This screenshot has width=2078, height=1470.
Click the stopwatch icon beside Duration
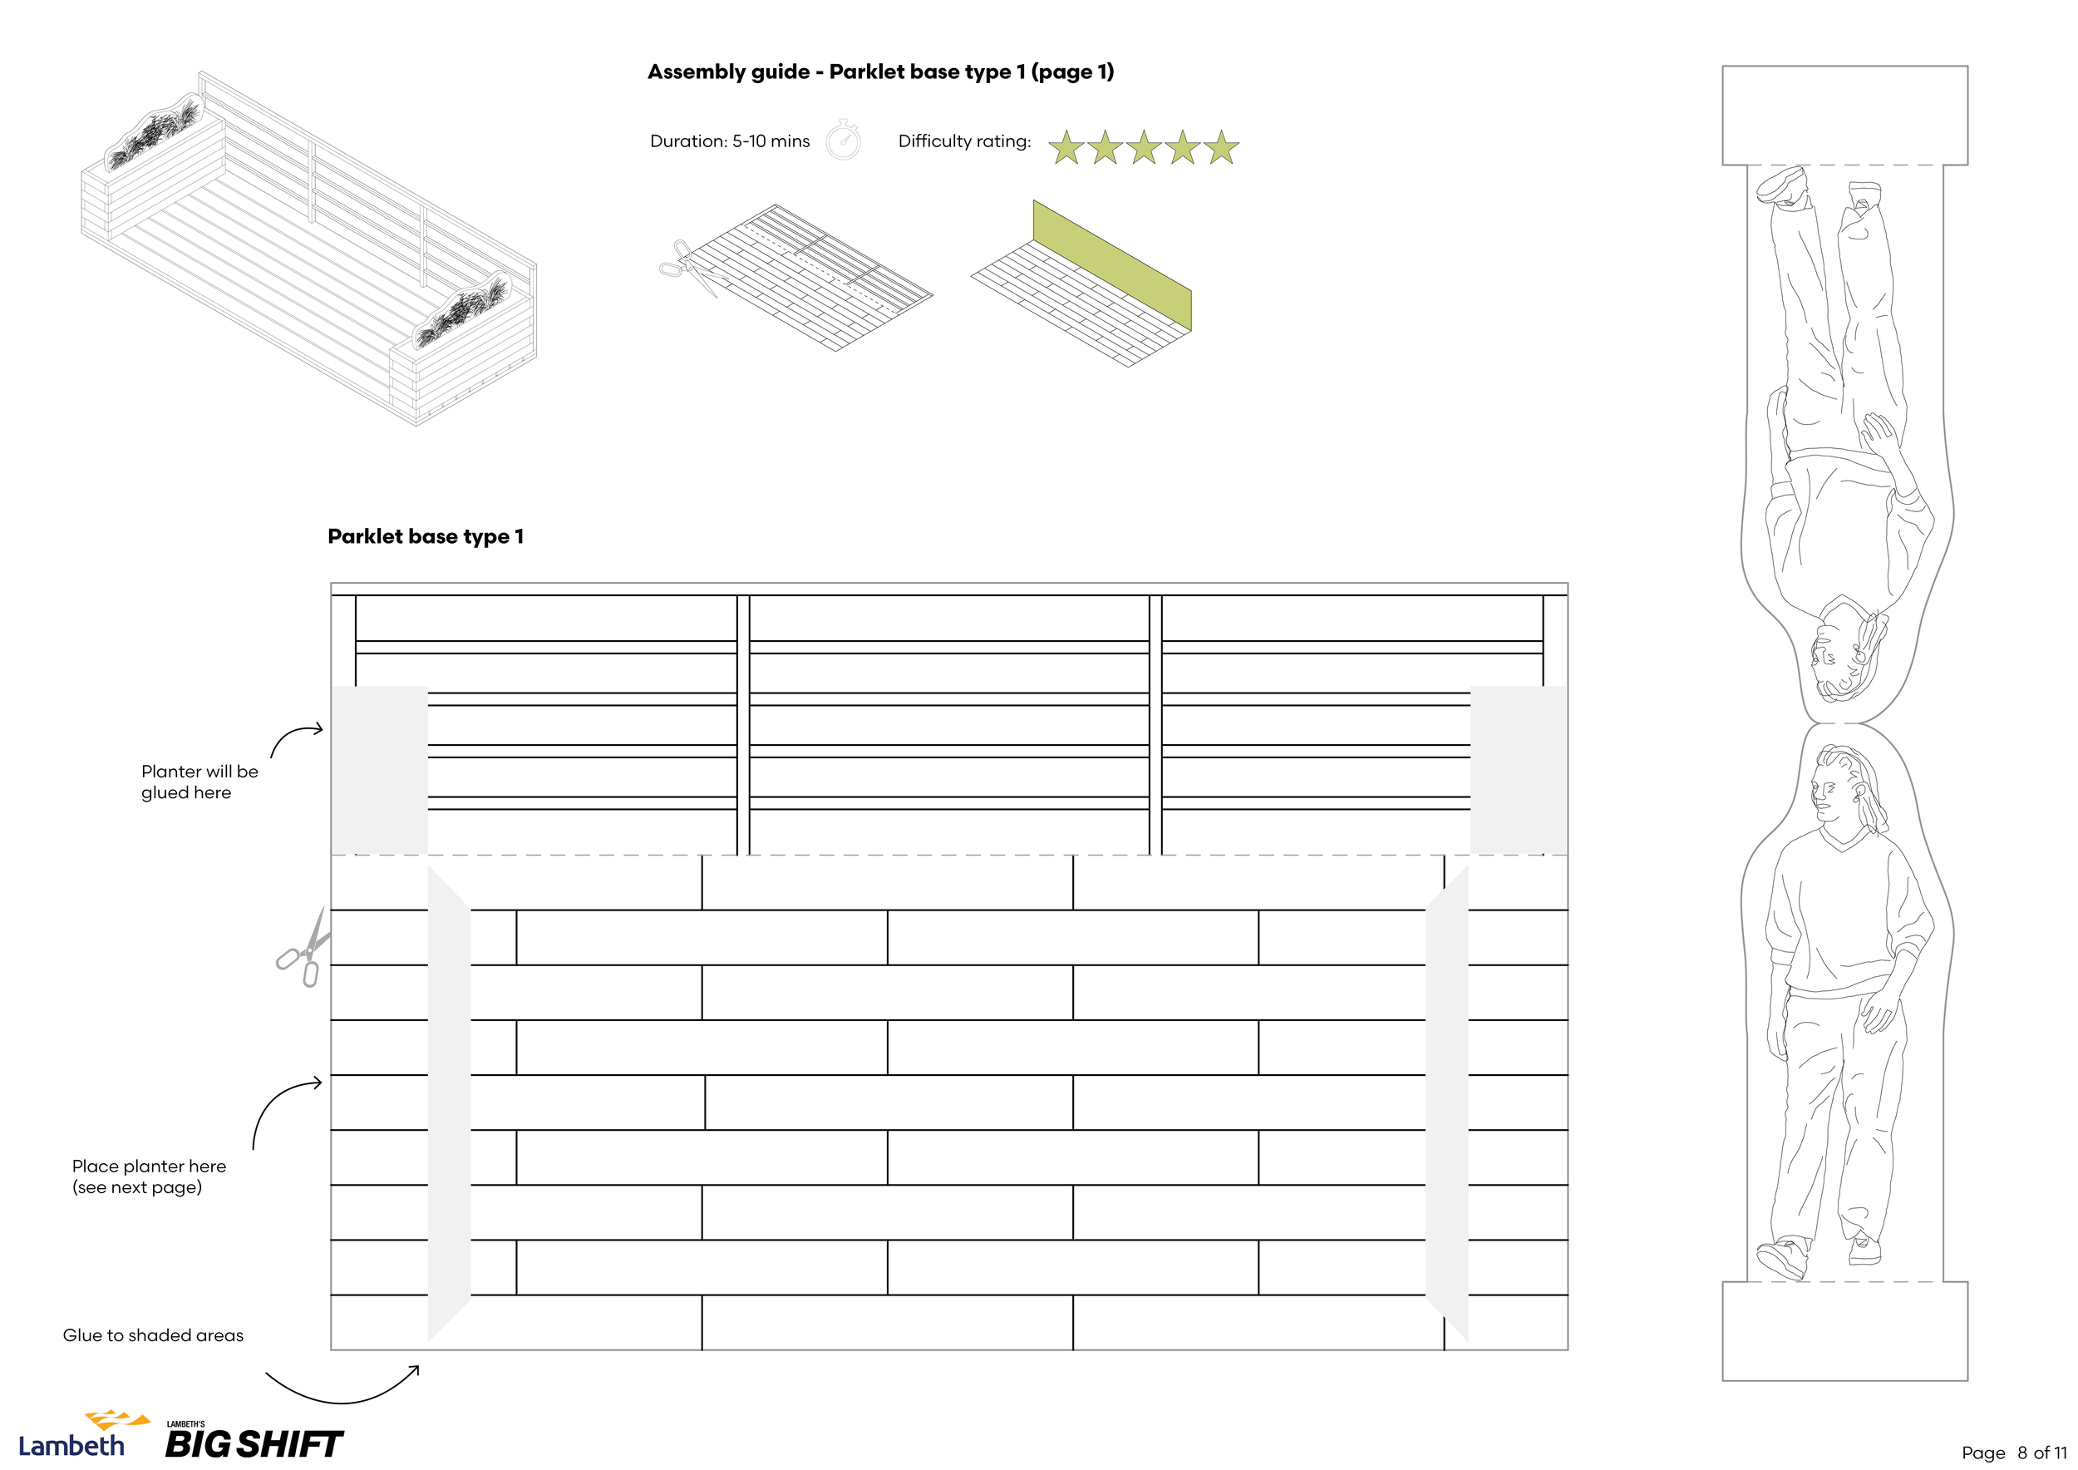843,141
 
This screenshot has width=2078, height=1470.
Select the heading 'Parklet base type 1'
426,537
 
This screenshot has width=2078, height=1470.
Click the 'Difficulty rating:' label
964,141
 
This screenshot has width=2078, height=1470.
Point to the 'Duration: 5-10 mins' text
730,141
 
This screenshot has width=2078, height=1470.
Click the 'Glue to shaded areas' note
153,1335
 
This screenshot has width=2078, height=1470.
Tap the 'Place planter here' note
150,1176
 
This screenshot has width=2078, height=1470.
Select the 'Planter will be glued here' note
199,782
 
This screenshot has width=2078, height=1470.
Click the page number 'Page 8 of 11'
2014,1453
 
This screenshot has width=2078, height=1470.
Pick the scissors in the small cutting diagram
685,265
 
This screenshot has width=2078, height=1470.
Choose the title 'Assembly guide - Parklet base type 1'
879,72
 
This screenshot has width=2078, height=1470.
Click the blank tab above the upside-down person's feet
1844,115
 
